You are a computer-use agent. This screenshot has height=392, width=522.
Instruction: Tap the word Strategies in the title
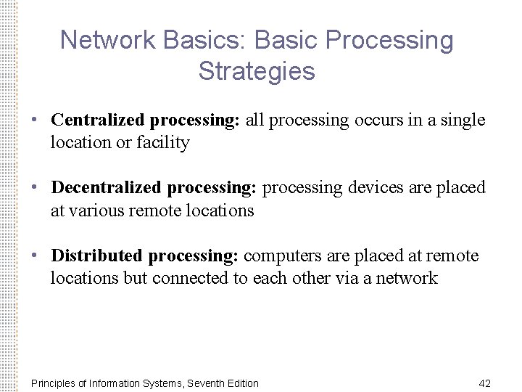(x=256, y=71)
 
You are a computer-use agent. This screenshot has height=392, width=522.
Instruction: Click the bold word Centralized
(x=99, y=120)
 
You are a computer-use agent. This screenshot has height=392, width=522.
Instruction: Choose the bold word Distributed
(x=98, y=256)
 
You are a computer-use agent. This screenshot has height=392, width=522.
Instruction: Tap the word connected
(x=188, y=279)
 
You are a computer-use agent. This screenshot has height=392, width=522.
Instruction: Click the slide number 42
(x=485, y=383)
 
